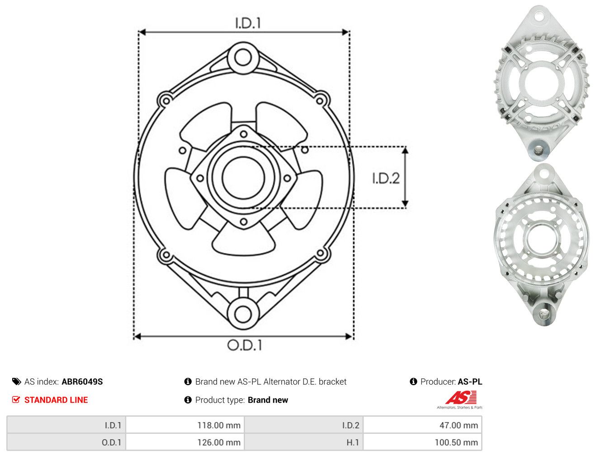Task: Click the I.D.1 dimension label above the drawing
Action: click(248, 23)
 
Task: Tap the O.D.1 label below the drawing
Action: click(245, 345)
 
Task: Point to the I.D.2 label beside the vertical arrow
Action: click(386, 178)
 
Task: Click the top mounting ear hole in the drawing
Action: click(243, 57)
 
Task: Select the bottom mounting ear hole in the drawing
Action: click(243, 314)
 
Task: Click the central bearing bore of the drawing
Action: click(243, 178)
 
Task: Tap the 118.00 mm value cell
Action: click(185, 425)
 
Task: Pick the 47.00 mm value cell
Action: click(422, 425)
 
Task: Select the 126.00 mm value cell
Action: click(185, 442)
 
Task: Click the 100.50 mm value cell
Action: click(422, 442)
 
